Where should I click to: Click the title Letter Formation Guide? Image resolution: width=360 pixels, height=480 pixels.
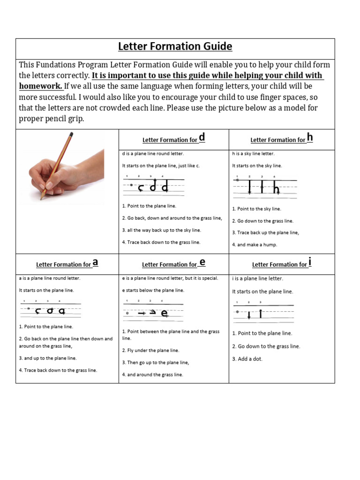click(175, 46)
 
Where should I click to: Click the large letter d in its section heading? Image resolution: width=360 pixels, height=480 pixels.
click(202, 137)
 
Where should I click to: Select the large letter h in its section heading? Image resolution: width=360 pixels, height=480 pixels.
click(309, 137)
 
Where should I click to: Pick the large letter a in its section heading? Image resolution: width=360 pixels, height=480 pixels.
click(95, 262)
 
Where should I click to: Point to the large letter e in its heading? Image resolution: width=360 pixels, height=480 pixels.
click(202, 262)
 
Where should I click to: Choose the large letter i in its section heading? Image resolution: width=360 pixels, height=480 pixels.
click(310, 262)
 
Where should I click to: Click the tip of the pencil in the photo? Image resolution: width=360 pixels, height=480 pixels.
click(41, 198)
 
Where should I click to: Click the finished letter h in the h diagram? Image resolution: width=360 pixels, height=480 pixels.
click(276, 189)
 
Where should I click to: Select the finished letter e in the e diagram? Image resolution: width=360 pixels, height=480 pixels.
click(165, 314)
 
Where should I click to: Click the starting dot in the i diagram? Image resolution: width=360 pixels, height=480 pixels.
click(237, 311)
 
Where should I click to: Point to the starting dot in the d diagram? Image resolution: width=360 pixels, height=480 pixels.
click(131, 185)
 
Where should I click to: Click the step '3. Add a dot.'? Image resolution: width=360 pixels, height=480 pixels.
click(247, 359)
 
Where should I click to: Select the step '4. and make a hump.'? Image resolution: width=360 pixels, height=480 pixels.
click(255, 245)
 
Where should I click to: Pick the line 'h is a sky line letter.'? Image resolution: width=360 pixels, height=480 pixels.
click(253, 153)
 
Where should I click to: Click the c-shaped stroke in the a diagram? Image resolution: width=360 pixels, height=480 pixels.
click(37, 311)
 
